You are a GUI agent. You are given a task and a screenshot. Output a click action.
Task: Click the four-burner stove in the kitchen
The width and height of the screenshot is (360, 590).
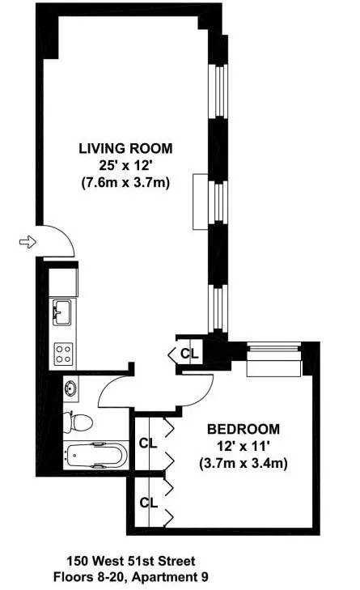(x=63, y=353)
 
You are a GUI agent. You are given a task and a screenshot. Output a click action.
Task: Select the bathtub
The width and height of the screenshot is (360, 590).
(x=95, y=456)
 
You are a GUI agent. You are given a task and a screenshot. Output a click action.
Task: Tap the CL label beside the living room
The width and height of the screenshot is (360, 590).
(x=188, y=353)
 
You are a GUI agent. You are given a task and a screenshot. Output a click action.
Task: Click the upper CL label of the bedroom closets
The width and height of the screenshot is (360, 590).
(x=147, y=443)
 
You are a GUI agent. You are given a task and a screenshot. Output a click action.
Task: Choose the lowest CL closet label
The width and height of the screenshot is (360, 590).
(x=147, y=503)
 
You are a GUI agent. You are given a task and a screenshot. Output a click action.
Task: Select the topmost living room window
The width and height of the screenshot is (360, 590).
(x=217, y=88)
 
